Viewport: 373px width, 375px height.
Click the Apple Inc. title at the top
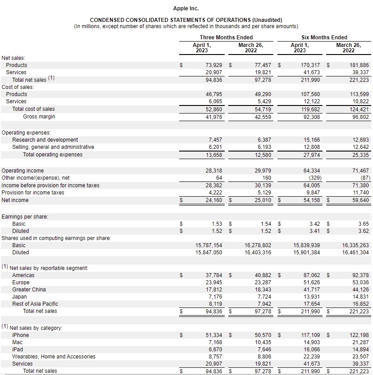click(x=186, y=8)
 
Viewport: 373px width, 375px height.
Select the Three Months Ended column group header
click(x=226, y=37)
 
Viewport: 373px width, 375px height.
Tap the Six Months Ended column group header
click(x=324, y=37)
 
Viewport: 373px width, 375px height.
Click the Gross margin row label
click(x=39, y=117)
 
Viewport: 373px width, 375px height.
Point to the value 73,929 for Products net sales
click(x=214, y=65)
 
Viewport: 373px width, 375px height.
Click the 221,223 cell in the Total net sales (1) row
click(x=359, y=80)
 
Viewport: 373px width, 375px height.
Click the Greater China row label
click(x=29, y=290)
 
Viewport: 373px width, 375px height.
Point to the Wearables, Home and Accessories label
click(x=54, y=357)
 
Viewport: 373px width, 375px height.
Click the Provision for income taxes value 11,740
click(x=360, y=193)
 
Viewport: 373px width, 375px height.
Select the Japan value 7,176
click(x=215, y=297)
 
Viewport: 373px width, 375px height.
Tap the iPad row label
click(x=18, y=350)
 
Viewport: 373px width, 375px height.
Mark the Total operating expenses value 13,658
click(x=214, y=155)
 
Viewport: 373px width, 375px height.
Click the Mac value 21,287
click(x=360, y=342)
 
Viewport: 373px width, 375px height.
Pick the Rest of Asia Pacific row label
click(x=35, y=304)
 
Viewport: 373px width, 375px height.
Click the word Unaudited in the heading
click(x=266, y=20)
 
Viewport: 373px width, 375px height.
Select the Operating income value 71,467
click(x=360, y=171)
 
